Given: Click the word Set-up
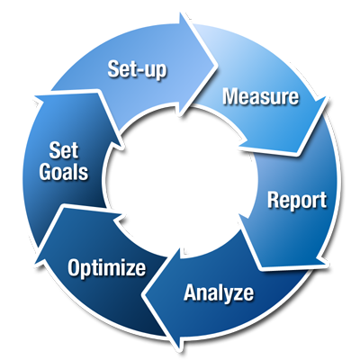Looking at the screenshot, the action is point(137,70).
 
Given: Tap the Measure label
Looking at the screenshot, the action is point(261,96).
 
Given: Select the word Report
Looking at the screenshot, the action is point(297,201).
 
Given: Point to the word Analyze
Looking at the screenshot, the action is point(219,292).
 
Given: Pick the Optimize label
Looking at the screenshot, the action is point(107,268).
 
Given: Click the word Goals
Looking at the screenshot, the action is point(64,172).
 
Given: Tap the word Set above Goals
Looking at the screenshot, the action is point(64,150).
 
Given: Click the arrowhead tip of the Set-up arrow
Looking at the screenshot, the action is point(217,65).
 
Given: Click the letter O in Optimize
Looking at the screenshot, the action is point(74,267).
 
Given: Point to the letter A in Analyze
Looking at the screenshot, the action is point(191,292).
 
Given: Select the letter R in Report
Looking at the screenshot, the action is point(274,200).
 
